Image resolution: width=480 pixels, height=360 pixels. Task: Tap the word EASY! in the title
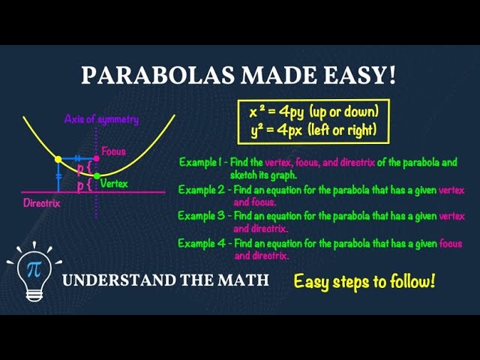click(x=361, y=75)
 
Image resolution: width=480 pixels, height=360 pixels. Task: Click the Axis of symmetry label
click(x=101, y=119)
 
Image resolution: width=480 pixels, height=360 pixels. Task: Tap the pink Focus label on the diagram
click(x=113, y=151)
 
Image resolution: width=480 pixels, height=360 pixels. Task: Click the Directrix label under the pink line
click(x=41, y=202)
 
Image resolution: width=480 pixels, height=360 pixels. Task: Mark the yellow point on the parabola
click(x=58, y=159)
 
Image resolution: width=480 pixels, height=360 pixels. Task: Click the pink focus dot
click(x=96, y=159)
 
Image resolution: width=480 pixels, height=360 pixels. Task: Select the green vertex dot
click(x=96, y=175)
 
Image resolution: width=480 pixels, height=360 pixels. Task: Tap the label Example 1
click(x=202, y=162)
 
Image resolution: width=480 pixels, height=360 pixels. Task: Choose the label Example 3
click(x=202, y=216)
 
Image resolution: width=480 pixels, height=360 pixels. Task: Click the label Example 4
click(x=202, y=244)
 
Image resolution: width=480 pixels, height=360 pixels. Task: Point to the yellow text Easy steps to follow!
click(x=364, y=282)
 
